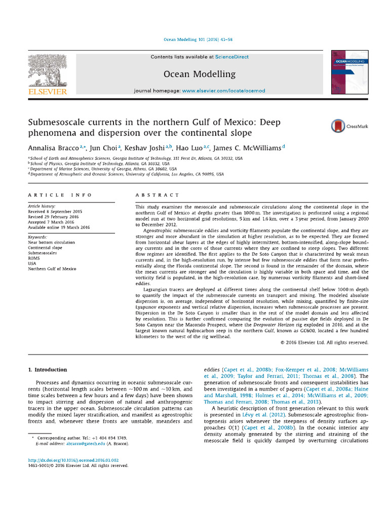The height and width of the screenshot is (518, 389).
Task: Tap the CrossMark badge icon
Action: (338, 126)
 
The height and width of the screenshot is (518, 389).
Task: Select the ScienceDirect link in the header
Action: (232, 57)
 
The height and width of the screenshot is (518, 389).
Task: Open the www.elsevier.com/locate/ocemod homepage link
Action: (223, 91)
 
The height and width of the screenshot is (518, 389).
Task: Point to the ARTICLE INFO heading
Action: (60, 195)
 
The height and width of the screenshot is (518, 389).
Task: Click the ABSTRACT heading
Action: (157, 195)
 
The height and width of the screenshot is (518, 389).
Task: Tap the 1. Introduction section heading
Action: (47, 370)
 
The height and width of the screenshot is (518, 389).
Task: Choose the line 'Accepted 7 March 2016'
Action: (51, 222)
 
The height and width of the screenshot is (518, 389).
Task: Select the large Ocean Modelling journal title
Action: (199, 74)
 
